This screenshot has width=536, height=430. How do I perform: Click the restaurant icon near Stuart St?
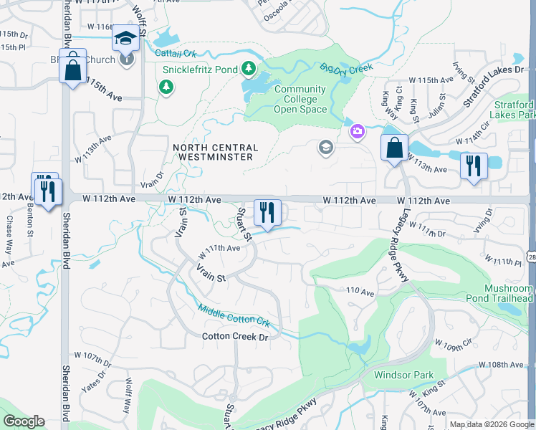click(267, 212)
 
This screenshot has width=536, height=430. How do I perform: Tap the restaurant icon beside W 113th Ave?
click(474, 166)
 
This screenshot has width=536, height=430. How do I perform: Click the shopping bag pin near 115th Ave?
click(72, 70)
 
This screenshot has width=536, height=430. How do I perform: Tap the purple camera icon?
click(357, 131)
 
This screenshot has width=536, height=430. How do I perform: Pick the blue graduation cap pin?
click(126, 39)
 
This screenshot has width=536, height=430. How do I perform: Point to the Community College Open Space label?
click(300, 100)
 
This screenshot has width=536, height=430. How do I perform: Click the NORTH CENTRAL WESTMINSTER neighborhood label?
click(214, 152)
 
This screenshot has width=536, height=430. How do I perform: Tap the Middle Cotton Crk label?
click(234, 314)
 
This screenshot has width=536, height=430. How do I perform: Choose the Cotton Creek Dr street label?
click(234, 336)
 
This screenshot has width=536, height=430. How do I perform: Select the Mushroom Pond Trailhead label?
click(508, 293)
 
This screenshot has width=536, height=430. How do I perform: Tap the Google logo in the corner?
click(24, 421)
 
